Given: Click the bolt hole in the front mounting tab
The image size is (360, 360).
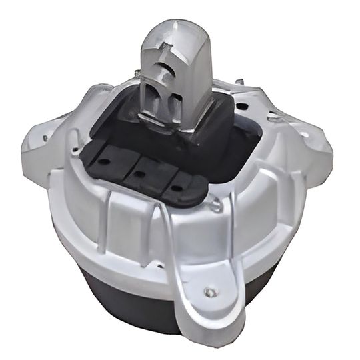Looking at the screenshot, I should pyautogui.click(x=211, y=291).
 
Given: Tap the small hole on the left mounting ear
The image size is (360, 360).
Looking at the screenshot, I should pyautogui.click(x=45, y=139).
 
